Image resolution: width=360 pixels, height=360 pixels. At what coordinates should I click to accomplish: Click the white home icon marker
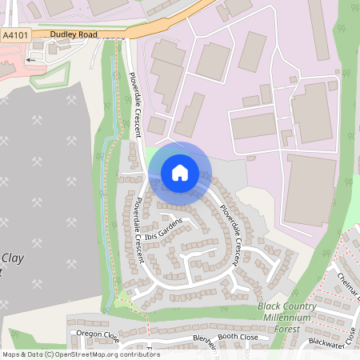click(x=180, y=172)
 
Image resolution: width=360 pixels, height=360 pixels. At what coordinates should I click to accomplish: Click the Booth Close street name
click(x=238, y=338)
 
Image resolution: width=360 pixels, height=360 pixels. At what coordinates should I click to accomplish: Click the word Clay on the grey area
click(x=11, y=258)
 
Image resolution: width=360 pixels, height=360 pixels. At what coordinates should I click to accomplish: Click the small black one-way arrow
click(x=32, y=59)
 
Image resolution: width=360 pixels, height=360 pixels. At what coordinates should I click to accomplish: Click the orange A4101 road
click(x=160, y=26)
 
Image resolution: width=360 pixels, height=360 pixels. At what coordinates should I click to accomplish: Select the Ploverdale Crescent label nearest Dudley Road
click(x=127, y=94)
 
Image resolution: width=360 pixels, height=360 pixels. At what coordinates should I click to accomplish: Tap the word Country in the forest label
click(x=300, y=306)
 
